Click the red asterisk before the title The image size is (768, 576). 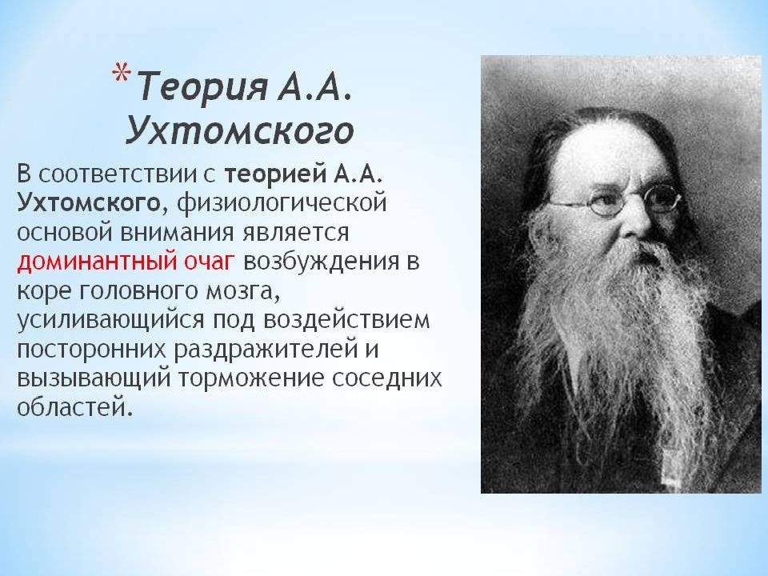[x=121, y=74]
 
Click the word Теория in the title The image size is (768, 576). [x=202, y=86]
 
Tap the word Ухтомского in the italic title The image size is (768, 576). [x=240, y=130]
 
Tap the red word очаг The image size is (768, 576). [x=207, y=262]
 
